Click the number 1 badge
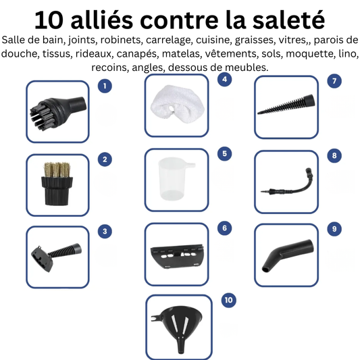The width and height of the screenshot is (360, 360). [x=104, y=86]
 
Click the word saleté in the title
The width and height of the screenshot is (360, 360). [x=286, y=18]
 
